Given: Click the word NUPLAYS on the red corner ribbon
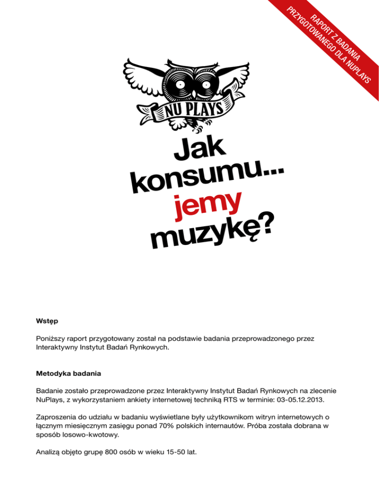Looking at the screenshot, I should pos(359,74).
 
